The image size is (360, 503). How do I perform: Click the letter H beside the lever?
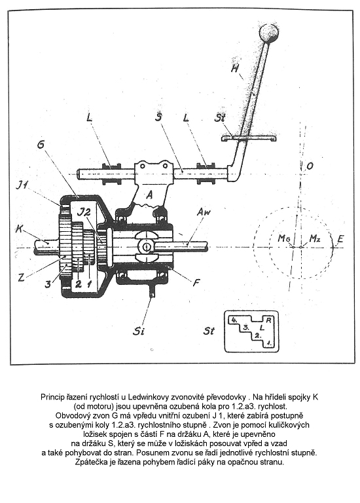point(236,68)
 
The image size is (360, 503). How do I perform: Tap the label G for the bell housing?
point(41,145)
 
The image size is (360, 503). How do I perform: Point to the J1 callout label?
point(23,186)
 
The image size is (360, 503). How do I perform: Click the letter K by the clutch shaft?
point(20,230)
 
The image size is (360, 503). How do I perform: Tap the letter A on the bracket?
point(149,195)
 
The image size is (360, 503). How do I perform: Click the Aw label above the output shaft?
point(204,212)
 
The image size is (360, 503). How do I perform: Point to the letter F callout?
point(197,283)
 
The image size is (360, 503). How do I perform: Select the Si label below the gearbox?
point(138,331)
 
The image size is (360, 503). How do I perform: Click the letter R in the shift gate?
point(268,320)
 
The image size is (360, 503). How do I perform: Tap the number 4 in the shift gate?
point(234,320)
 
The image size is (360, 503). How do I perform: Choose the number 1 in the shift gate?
point(269,345)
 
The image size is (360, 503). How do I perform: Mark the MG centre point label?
point(283,238)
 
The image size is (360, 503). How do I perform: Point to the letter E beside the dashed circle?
point(340,238)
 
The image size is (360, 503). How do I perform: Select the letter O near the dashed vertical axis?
point(310,166)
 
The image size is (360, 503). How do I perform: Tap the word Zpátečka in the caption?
point(90,462)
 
